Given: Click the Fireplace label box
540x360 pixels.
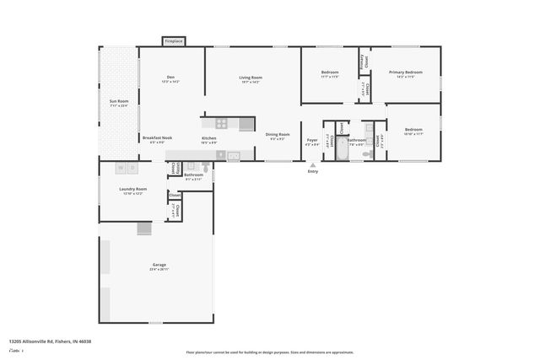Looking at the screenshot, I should [x=173, y=40].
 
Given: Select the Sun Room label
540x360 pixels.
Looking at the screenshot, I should [x=118, y=102].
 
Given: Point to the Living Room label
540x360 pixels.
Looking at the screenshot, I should [x=251, y=78].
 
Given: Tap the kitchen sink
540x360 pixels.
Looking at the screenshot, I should [x=234, y=155].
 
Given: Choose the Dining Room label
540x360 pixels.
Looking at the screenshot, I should [x=278, y=135].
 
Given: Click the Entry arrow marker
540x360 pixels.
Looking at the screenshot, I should [x=313, y=166].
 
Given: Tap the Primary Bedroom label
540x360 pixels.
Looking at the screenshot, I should [x=405, y=73].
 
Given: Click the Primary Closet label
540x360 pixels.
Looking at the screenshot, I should [x=364, y=60].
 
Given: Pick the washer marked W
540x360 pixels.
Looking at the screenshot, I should [x=120, y=168].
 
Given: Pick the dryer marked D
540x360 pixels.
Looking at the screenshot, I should [x=132, y=168].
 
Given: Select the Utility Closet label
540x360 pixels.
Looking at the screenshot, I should [x=173, y=168].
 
